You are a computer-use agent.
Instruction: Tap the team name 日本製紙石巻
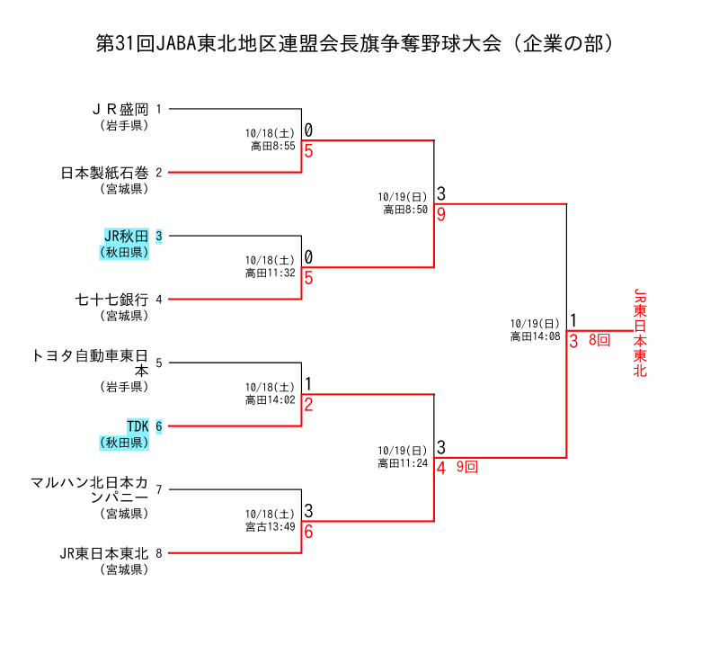click(x=104, y=173)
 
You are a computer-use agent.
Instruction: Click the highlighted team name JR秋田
click(x=126, y=237)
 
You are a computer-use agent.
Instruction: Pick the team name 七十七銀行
click(x=111, y=300)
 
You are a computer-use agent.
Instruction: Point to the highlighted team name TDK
click(x=138, y=426)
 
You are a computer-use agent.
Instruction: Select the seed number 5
click(x=159, y=363)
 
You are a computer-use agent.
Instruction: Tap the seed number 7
click(x=159, y=490)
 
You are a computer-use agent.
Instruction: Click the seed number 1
click(x=159, y=109)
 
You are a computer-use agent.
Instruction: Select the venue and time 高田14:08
click(x=535, y=336)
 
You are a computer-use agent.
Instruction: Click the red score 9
click(x=441, y=215)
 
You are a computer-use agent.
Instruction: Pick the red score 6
click(x=308, y=532)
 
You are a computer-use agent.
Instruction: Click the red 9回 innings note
click(x=466, y=467)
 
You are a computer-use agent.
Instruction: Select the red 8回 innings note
click(x=599, y=340)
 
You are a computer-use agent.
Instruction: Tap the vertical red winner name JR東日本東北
click(x=640, y=333)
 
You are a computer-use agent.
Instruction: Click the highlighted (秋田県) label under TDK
click(x=124, y=443)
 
